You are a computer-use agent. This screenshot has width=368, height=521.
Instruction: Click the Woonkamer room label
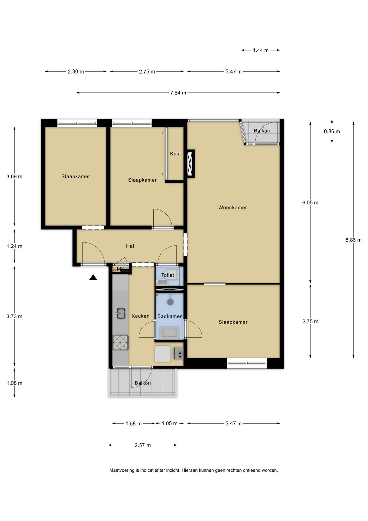pos(233,208)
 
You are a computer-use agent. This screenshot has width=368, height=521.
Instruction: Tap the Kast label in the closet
pos(175,154)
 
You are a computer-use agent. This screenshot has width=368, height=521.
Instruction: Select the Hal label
pos(130,246)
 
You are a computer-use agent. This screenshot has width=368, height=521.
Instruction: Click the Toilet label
pos(168,275)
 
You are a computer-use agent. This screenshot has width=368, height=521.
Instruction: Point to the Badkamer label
pos(170,316)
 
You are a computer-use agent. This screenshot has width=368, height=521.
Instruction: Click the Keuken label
pos(141,316)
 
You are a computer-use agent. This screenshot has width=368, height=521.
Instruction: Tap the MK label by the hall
pos(121,269)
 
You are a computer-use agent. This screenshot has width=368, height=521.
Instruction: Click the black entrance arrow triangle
pos(93,277)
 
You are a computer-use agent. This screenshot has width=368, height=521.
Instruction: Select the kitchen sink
pos(120,313)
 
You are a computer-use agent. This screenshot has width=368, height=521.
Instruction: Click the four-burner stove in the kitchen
pos(121,342)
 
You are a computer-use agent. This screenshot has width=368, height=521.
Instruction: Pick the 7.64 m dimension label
pos(178,93)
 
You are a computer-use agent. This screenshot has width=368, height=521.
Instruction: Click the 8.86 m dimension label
pos(353,240)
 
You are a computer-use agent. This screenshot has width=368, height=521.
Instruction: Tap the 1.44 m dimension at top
pos(261,50)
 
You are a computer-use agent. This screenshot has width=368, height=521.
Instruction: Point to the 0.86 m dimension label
pos(332,132)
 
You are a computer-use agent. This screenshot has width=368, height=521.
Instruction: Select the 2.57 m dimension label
pos(143,445)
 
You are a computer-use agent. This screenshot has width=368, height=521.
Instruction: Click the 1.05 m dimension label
pos(170,424)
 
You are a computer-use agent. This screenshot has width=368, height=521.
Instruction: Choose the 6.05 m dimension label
pos(310,203)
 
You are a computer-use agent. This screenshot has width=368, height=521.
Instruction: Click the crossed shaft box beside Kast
pos(191,164)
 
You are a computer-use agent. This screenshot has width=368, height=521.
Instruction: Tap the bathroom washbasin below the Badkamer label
pos(169,333)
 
